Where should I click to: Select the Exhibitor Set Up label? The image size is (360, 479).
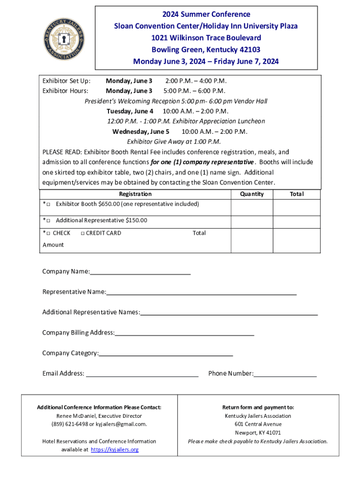click(66, 80)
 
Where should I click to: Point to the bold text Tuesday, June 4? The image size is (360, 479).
click(130, 111)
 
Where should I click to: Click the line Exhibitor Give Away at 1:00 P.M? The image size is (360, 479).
click(173, 142)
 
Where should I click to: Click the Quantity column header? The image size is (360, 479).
click(252, 194)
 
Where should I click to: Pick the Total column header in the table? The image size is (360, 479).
click(296, 194)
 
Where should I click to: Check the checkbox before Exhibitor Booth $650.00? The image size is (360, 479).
click(49, 204)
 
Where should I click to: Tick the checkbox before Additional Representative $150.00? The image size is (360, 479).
click(49, 220)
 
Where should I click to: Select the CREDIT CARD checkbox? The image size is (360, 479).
click(82, 233)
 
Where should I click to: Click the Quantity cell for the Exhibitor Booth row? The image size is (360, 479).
click(252, 207)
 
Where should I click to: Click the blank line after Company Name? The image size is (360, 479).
click(140, 272)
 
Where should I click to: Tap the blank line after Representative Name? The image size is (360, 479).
click(201, 292)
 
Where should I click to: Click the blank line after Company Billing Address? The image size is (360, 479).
click(184, 333)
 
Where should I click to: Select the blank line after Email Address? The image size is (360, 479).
click(143, 374)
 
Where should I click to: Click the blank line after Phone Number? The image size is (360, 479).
click(285, 374)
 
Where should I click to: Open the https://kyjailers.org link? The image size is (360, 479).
click(115, 450)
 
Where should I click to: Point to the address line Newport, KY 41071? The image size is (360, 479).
click(258, 433)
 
